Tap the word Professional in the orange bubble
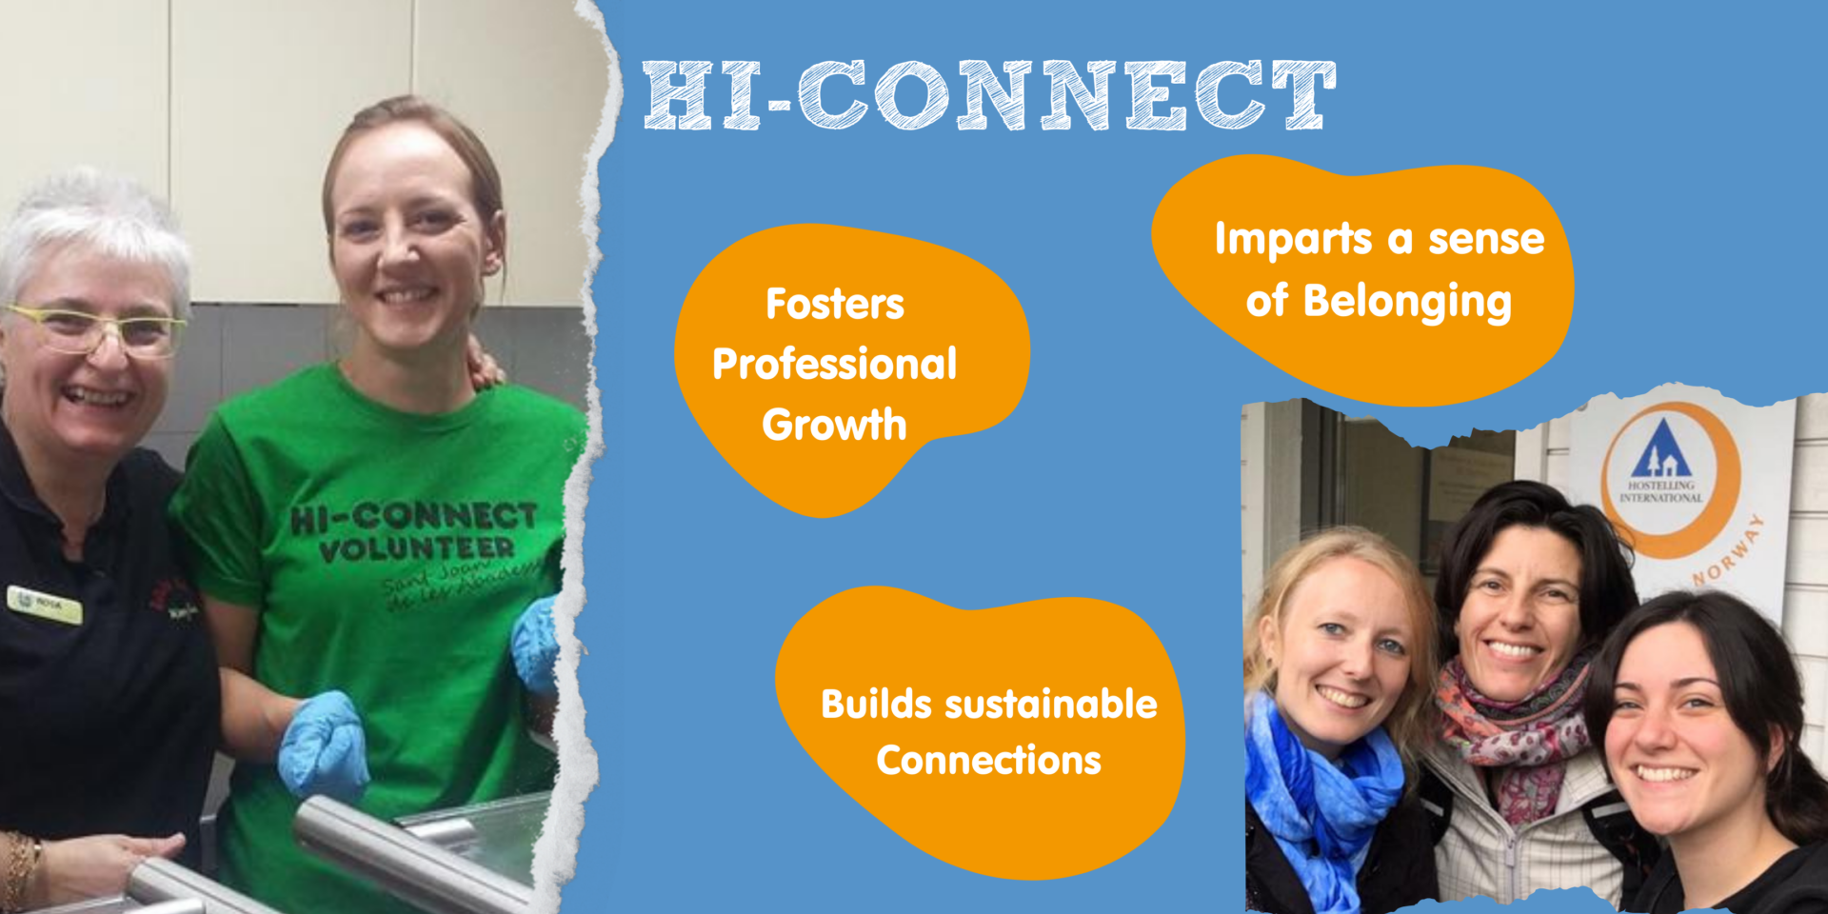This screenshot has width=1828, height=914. (x=834, y=365)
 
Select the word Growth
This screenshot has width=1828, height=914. (x=834, y=425)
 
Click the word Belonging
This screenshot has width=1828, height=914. (x=1406, y=303)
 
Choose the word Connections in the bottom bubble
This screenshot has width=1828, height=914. (x=988, y=761)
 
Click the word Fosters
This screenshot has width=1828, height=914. (x=835, y=305)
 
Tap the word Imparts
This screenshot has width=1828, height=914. (x=1292, y=240)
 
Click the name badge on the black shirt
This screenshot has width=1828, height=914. (x=44, y=605)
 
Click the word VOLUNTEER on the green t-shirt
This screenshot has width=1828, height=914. (x=416, y=549)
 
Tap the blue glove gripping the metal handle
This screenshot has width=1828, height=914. (x=324, y=743)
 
